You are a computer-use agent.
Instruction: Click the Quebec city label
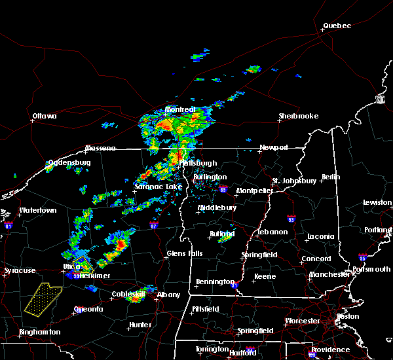click(337, 26)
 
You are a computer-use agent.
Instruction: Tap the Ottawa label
click(45, 117)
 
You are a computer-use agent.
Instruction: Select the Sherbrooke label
click(298, 117)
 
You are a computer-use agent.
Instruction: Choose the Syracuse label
click(19, 270)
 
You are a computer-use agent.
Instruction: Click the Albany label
click(168, 295)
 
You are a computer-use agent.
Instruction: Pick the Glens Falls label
click(185, 253)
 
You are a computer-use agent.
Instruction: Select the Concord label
click(316, 259)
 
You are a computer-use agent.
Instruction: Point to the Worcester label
click(303, 321)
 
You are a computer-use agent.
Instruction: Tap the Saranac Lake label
click(158, 187)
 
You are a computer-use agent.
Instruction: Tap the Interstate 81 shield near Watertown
click(9, 225)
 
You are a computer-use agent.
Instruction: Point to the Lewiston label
click(377, 203)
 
